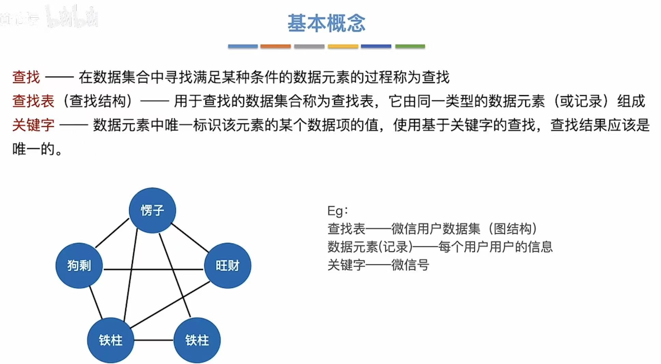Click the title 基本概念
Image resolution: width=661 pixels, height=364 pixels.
click(x=326, y=23)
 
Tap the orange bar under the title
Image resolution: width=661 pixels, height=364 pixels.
click(x=275, y=46)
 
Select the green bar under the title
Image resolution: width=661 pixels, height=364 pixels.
click(x=410, y=46)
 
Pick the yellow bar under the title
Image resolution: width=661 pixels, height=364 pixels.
click(x=343, y=46)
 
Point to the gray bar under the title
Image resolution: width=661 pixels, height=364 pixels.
click(x=309, y=46)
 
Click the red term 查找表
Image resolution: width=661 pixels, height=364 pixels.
click(x=33, y=101)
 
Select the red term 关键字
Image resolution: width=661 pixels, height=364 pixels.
click(x=33, y=125)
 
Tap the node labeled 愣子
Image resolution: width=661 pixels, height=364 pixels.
click(x=152, y=210)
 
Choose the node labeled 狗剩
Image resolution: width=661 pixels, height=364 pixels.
click(x=79, y=265)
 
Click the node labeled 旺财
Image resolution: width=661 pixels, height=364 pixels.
click(x=227, y=265)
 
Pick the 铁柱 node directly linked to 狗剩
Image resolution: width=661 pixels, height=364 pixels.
click(x=111, y=340)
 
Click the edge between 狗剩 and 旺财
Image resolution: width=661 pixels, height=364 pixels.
click(x=153, y=270)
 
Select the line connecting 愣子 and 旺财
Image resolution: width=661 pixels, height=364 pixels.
click(x=190, y=238)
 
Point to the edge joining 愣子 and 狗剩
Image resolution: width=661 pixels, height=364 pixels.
click(x=112, y=233)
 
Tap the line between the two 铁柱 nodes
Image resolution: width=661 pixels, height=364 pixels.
click(x=153, y=340)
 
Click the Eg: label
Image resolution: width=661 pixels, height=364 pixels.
click(x=337, y=211)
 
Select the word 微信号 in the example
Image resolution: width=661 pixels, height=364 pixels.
click(x=410, y=265)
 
